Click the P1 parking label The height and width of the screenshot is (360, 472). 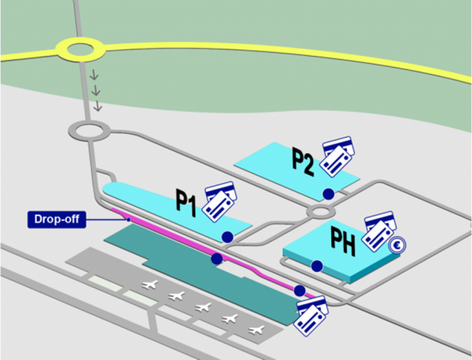click(186, 204)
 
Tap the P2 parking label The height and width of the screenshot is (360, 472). click(304, 160)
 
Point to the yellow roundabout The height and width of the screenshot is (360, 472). click(80, 51)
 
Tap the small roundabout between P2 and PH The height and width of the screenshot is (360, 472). click(321, 211)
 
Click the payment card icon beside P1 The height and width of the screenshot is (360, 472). click(219, 201)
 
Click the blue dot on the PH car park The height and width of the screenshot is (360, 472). click(316, 266)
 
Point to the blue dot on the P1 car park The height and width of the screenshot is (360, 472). click(227, 237)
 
